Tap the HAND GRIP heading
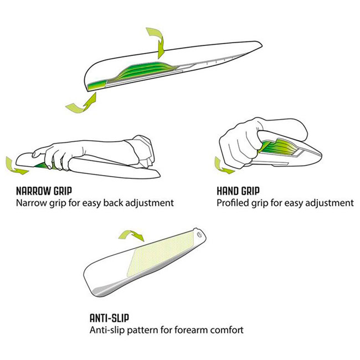click(239, 192)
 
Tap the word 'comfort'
click(225, 330)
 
